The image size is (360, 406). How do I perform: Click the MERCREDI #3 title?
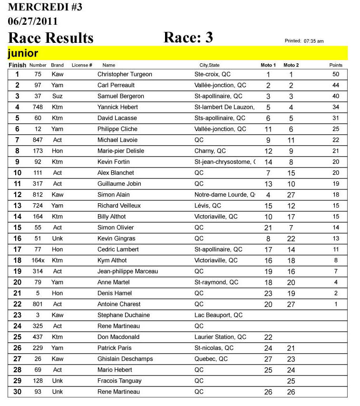pyautogui.click(x=45, y=7)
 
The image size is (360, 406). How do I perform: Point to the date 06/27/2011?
pyautogui.click(x=33, y=21)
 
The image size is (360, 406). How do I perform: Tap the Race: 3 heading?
pyautogui.click(x=188, y=38)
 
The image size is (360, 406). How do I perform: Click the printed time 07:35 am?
pyautogui.click(x=313, y=41)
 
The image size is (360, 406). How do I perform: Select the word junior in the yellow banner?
pyautogui.click(x=23, y=53)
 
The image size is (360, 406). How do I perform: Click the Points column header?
pyautogui.click(x=336, y=65)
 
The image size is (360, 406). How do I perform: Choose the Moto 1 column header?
pyautogui.click(x=268, y=65)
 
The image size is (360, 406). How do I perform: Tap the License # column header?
pyautogui.click(x=82, y=65)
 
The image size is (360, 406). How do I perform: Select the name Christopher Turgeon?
pyautogui.click(x=125, y=74)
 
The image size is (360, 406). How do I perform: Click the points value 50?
pyautogui.click(x=336, y=74)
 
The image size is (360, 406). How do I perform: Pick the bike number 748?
pyautogui.click(x=38, y=107)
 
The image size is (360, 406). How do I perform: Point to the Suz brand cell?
pyautogui.click(x=57, y=96)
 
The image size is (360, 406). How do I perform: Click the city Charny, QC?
pyautogui.click(x=210, y=151)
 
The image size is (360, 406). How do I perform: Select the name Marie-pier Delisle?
pyautogui.click(x=121, y=151)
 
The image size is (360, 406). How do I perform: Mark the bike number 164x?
pyautogui.click(x=38, y=260)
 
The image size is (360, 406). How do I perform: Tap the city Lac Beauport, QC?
pyautogui.click(x=218, y=315)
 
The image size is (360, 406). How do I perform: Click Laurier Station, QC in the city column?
pyautogui.click(x=220, y=337)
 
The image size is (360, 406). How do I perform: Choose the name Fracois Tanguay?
pyautogui.click(x=119, y=381)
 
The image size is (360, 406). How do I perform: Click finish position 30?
pyautogui.click(x=18, y=392)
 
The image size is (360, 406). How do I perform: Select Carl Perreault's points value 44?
pyautogui.click(x=336, y=85)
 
